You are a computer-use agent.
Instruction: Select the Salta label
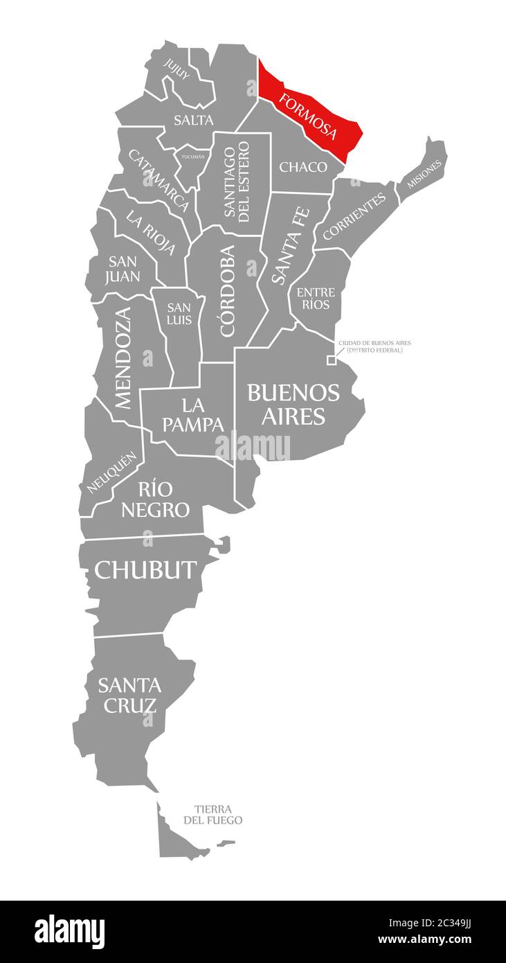click(193, 120)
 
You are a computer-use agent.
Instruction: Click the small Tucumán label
click(193, 157)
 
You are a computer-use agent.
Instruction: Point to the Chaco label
click(302, 167)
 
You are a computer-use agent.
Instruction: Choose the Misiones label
click(424, 174)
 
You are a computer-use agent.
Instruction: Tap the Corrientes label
click(354, 217)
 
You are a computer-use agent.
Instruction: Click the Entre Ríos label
click(316, 298)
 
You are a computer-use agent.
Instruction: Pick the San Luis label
click(179, 313)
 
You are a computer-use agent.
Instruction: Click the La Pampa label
click(193, 414)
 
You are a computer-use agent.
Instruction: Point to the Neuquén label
click(111, 472)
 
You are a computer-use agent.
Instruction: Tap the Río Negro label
click(155, 499)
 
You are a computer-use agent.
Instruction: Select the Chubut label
click(145, 569)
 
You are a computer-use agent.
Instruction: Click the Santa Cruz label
click(129, 695)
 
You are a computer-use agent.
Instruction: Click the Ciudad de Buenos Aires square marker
click(332, 360)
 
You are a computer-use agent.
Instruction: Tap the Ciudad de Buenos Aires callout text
click(374, 346)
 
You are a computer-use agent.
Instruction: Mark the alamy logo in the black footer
click(69, 931)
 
